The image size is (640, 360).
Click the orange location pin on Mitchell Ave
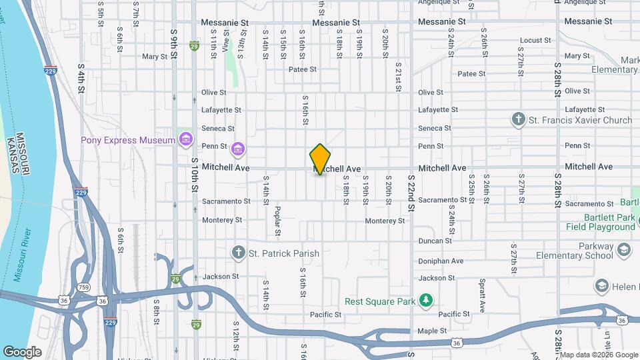pyautogui.click(x=320, y=159)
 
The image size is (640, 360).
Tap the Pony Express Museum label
pyautogui.click(x=128, y=140)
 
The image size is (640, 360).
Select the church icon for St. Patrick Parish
pyautogui.click(x=239, y=253)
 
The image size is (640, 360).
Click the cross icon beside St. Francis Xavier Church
pyautogui.click(x=518, y=120)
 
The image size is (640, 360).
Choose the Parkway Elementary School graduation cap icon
pyautogui.click(x=624, y=250)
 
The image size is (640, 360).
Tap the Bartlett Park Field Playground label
pyautogui.click(x=600, y=222)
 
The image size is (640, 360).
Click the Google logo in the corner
pyautogui.click(x=22, y=351)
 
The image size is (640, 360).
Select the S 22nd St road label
pyautogui.click(x=411, y=193)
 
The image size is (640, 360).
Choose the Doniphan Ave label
pyautogui.click(x=440, y=261)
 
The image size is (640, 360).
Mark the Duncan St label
pyautogui.click(x=435, y=241)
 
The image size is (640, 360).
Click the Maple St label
pyautogui.click(x=432, y=331)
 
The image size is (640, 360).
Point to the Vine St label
pyautogui.click(x=226, y=45)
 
